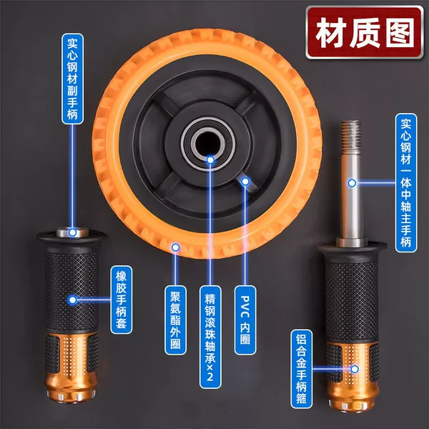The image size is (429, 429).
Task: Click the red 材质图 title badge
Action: (x=365, y=32)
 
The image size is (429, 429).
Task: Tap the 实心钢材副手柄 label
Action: (x=72, y=79)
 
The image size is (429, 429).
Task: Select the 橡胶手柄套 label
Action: (x=122, y=300)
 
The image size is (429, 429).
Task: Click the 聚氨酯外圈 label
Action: (x=175, y=320)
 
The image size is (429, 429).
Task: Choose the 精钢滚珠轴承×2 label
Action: (x=210, y=337)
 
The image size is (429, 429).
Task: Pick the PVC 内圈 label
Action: (x=245, y=320)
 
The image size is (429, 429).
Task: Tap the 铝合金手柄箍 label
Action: (x=301, y=369)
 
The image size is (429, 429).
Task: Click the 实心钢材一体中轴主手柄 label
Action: (x=406, y=183)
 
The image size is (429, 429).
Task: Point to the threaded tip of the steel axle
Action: (x=351, y=137)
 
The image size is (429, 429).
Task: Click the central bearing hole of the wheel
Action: (x=208, y=143)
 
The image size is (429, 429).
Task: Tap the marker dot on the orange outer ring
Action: (x=176, y=247)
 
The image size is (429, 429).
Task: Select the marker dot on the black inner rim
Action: (x=245, y=182)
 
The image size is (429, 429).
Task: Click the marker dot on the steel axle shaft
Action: (x=352, y=183)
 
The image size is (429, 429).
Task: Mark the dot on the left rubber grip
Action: (x=72, y=300)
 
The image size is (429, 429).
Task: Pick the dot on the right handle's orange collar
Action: (x=355, y=370)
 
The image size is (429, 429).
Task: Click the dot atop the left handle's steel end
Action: (x=72, y=232)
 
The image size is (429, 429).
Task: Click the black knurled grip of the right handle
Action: (x=352, y=298)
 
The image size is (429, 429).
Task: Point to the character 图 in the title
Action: (x=400, y=33)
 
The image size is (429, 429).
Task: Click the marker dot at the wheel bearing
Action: (x=210, y=159)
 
